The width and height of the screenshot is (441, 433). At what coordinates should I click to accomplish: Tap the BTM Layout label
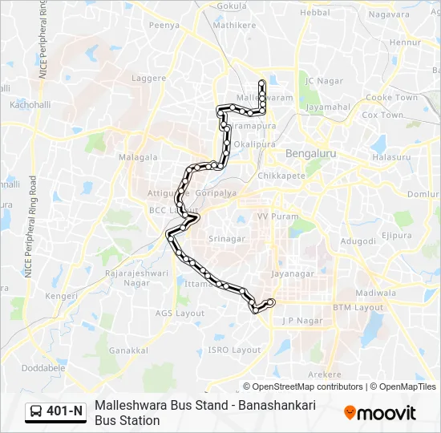(358, 307)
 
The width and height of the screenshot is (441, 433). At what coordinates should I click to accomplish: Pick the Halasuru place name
(392, 157)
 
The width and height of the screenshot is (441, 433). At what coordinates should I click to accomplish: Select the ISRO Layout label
(234, 350)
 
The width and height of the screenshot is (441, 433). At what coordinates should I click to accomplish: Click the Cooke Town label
(391, 98)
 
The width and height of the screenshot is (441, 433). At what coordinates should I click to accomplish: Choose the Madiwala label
(377, 293)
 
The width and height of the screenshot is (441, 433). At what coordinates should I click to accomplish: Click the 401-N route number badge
(65, 411)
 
